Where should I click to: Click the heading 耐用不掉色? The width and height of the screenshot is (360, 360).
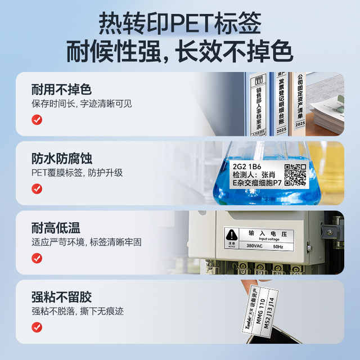point(62,89)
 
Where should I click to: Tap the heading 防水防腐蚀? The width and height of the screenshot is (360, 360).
point(62,159)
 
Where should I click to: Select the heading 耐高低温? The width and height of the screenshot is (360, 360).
point(56,228)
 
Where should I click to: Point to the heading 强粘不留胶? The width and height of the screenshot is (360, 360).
point(62,297)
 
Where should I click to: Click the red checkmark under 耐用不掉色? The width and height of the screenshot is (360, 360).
point(37,120)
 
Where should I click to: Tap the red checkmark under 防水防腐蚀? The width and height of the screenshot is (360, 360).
point(37,189)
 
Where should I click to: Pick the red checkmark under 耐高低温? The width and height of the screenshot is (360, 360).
point(37,258)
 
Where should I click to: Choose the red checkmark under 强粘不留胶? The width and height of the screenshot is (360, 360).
point(37,327)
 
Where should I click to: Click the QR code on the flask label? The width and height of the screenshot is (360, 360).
point(295,174)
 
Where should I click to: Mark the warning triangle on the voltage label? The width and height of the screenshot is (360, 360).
point(231,235)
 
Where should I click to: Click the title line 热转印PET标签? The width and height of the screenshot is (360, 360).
point(179,24)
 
